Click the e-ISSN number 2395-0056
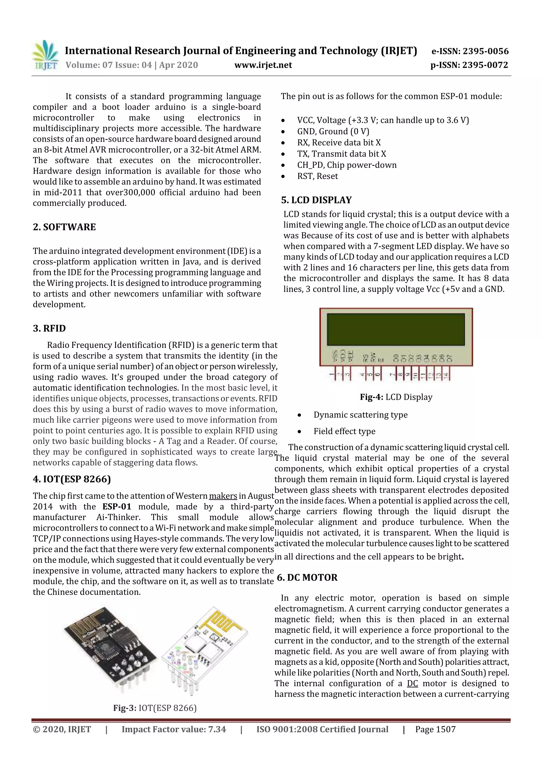pos(485,51)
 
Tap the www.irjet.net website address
pos(263,65)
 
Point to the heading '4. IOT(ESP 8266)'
pos(72,479)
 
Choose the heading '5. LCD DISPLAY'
pos(316,200)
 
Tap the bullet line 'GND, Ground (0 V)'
pos(333,132)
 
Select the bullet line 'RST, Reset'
pos(317,176)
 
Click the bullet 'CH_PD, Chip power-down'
pos(347,165)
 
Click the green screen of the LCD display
pos(395,329)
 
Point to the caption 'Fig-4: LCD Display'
pos(396,397)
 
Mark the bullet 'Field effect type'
pos(344,431)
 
